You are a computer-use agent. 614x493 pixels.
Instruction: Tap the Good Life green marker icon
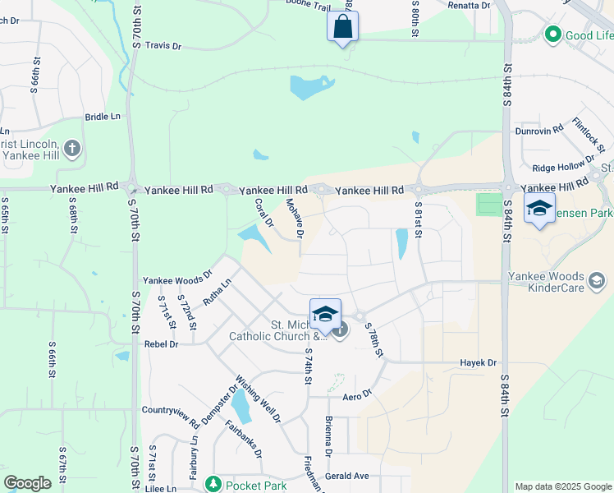tap(552, 35)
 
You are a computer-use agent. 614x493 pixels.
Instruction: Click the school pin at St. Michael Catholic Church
tap(325, 314)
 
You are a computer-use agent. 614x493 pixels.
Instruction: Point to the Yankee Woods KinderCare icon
tap(597, 282)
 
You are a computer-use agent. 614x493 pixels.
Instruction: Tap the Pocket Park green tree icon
tap(213, 485)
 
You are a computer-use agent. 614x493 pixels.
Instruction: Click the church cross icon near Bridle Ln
tap(71, 149)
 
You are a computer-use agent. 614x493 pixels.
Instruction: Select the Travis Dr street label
tap(163, 46)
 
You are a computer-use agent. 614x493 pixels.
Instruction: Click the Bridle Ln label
tap(103, 117)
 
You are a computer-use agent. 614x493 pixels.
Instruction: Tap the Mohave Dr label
tap(293, 219)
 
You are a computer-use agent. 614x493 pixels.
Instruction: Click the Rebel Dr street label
tap(161, 344)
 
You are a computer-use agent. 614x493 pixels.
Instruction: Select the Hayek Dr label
tap(479, 362)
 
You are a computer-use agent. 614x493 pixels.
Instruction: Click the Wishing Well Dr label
tap(258, 399)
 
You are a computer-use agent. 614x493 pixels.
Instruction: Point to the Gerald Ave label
tap(346, 476)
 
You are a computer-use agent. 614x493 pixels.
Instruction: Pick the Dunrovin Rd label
tap(539, 129)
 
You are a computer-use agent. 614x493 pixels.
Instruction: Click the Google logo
tap(28, 483)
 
